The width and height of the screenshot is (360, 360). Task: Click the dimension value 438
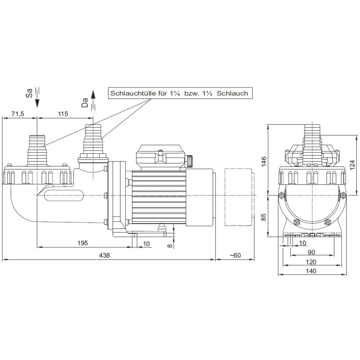tap(104, 255)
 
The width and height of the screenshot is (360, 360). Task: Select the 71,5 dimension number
tap(18, 114)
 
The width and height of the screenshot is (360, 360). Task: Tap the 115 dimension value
tap(63, 114)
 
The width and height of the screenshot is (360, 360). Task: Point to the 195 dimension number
tap(82, 243)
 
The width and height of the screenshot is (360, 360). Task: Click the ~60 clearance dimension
tap(235, 255)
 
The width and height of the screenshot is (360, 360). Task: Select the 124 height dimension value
tap(352, 165)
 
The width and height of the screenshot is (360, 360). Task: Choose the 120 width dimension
tap(311, 262)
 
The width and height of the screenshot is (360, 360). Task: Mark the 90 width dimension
tap(311, 252)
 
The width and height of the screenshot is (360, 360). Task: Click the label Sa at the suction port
tap(29, 93)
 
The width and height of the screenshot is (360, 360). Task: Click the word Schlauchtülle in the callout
tap(133, 93)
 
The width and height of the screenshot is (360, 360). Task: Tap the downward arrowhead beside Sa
tap(37, 103)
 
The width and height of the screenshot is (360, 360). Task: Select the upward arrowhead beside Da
tap(93, 95)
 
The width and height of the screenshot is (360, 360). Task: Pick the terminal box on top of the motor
tap(161, 157)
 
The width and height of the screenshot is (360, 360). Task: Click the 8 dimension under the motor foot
tap(169, 245)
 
